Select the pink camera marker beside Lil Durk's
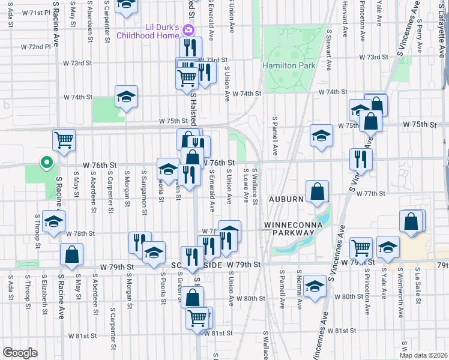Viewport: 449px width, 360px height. point(188,30)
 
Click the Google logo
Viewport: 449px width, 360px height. point(20,353)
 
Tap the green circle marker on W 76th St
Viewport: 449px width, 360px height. point(44,163)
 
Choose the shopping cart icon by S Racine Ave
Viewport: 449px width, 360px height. point(64,140)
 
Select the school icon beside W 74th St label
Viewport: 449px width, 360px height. point(126,97)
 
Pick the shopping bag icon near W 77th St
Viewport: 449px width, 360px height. point(317,192)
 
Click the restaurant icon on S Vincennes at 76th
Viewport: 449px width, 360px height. point(361,159)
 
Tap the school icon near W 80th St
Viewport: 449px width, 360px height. point(315,286)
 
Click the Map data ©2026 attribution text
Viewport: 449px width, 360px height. point(423,355)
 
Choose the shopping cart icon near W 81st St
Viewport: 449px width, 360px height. point(197,317)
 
